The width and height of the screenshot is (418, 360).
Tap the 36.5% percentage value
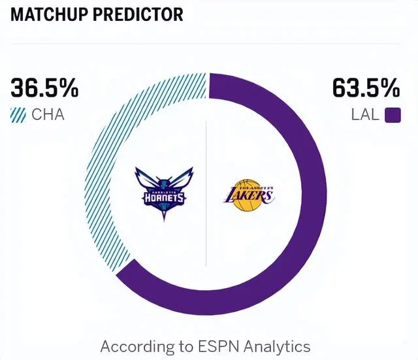(x=44, y=88)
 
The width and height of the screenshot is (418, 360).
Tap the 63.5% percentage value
(x=366, y=88)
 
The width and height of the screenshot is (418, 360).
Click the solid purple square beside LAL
(x=392, y=116)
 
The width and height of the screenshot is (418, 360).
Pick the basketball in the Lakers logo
(x=248, y=201)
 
